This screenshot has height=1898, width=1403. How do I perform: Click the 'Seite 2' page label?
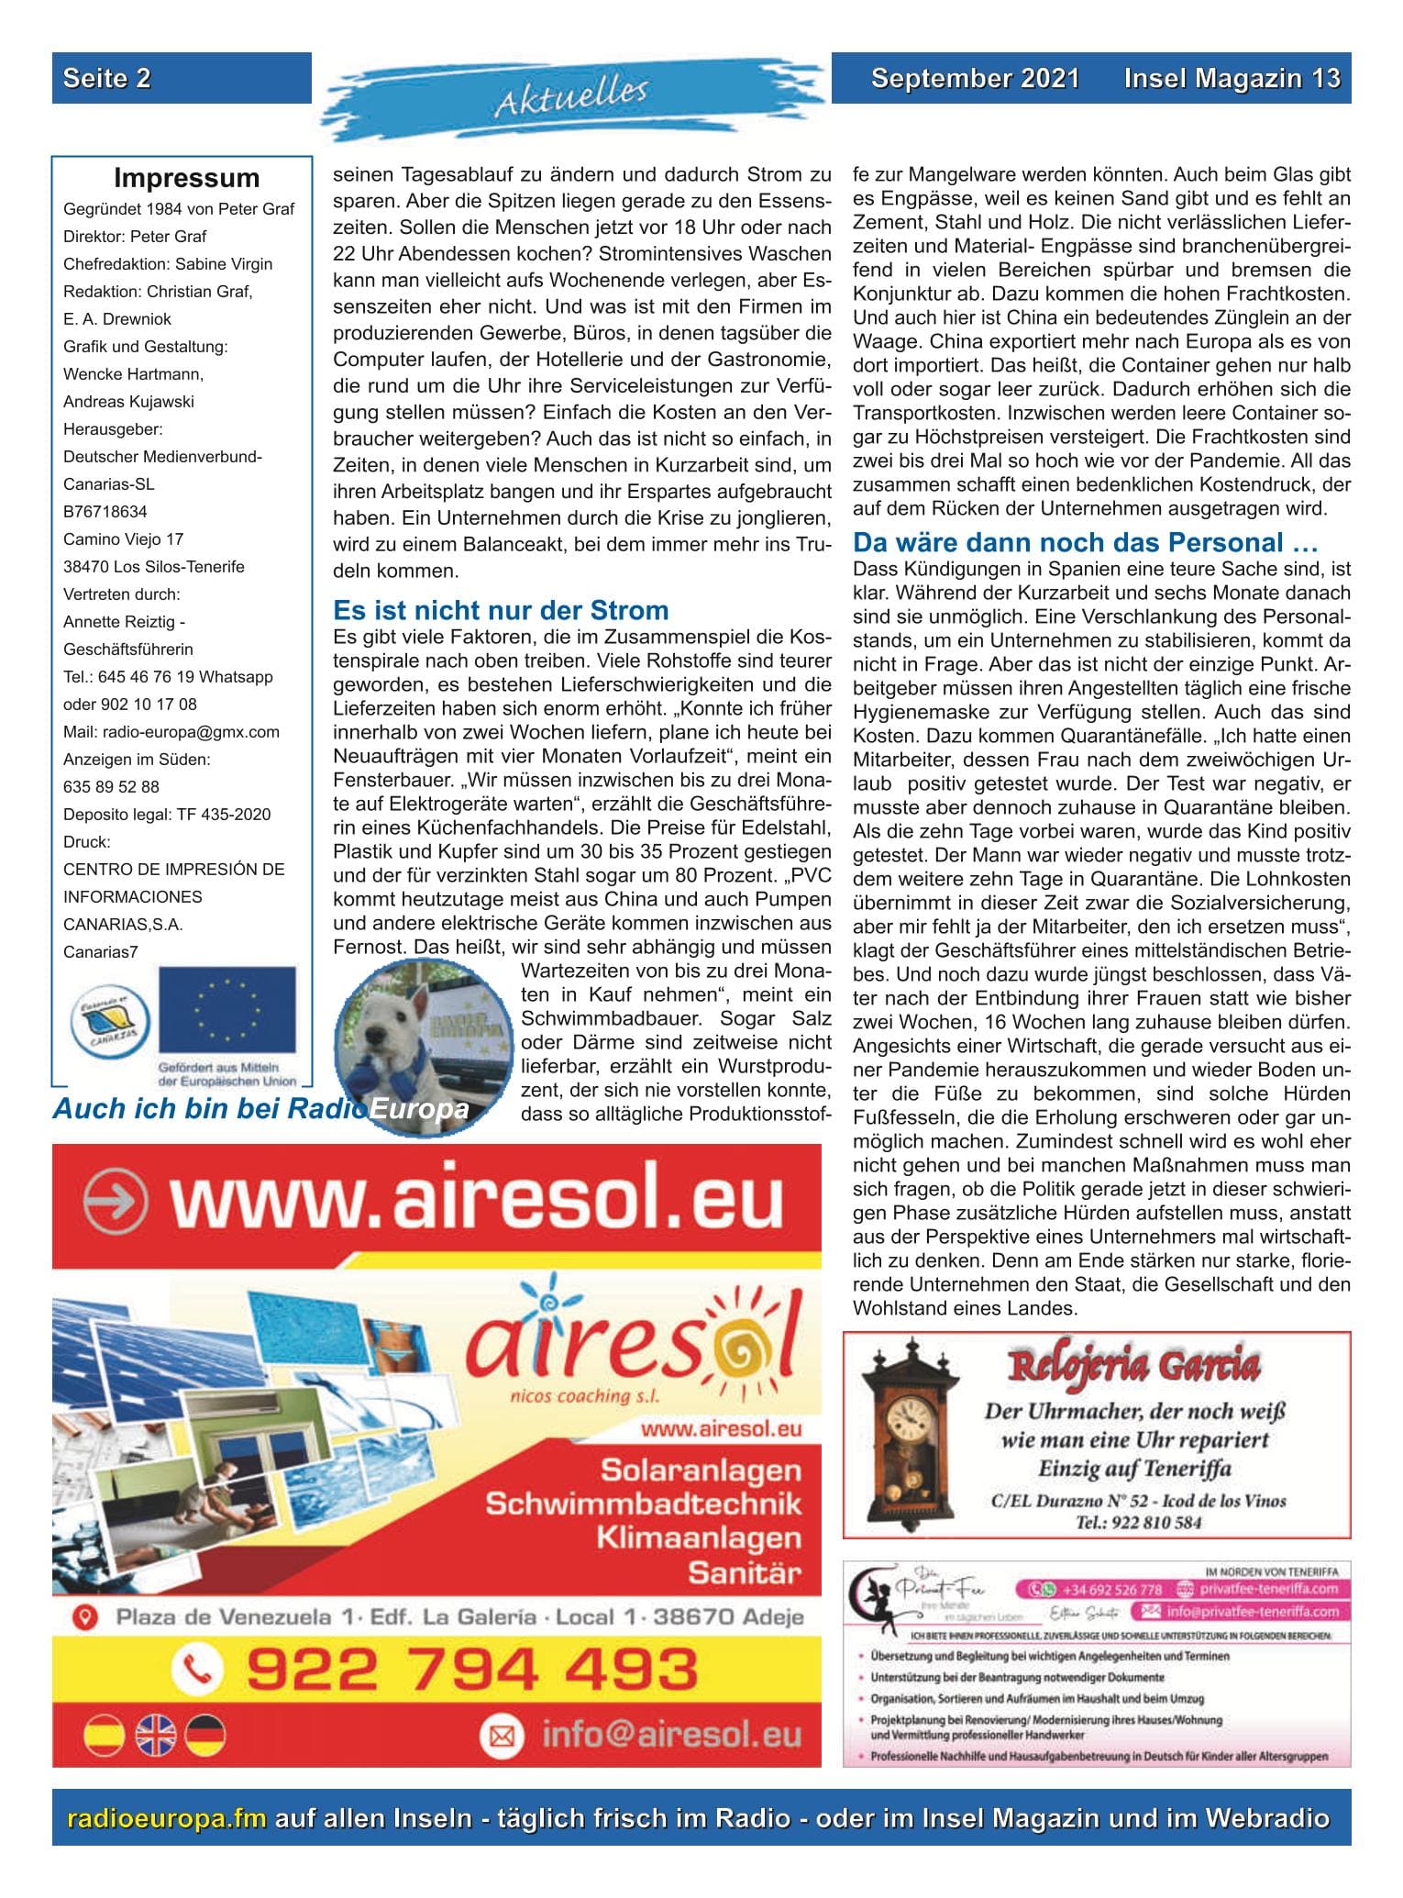coord(106,78)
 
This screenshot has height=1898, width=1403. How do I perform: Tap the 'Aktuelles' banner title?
coord(571,96)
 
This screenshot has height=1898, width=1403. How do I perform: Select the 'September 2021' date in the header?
coord(975,78)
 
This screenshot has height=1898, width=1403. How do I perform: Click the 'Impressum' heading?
coord(186,178)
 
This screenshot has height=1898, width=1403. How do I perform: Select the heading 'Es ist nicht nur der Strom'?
coord(501,610)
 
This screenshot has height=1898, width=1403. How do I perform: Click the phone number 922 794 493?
coord(471,1669)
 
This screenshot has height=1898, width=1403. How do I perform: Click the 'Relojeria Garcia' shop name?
coord(1133,1367)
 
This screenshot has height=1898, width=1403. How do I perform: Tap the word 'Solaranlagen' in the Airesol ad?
coord(701,1471)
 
